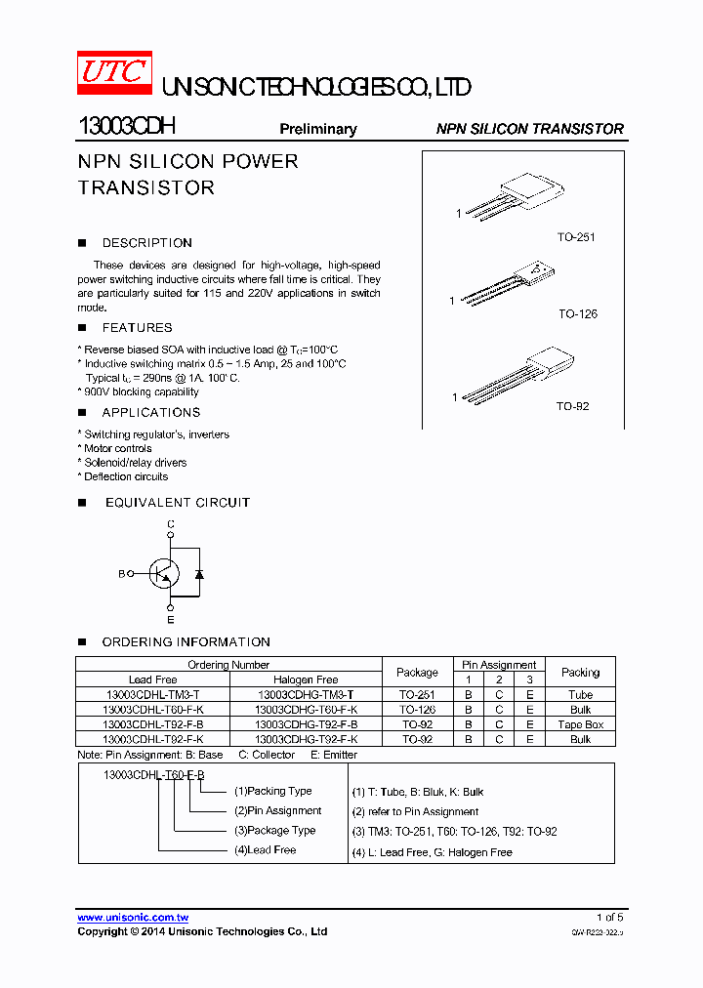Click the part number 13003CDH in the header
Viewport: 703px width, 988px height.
(126, 128)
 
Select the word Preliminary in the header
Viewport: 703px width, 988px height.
(318, 129)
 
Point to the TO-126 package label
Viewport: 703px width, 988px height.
(577, 314)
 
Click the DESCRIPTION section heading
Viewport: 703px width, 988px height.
(146, 243)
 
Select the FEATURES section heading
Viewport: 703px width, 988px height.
(137, 328)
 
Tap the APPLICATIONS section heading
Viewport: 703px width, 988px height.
(150, 413)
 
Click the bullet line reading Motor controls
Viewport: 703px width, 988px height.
(117, 449)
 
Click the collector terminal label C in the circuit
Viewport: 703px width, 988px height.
(171, 525)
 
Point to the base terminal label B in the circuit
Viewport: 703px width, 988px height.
(122, 574)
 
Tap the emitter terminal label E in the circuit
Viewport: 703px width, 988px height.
(171, 620)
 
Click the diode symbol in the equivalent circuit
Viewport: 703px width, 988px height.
(199, 574)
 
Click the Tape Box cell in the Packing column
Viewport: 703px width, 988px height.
(580, 724)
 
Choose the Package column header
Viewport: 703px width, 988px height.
(417, 673)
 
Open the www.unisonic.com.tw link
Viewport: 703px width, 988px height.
(133, 918)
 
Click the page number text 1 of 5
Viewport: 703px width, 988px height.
(609, 918)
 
